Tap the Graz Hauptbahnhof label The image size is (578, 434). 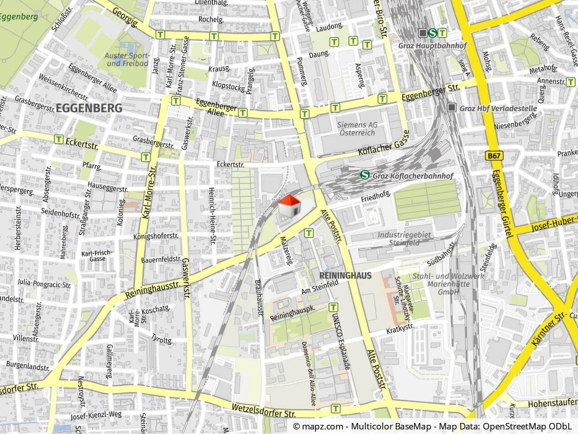click(426, 46)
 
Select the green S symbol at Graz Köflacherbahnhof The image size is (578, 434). click(365, 175)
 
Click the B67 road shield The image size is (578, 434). click(495, 156)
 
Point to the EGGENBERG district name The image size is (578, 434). click(89, 108)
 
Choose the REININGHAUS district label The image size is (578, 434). click(346, 276)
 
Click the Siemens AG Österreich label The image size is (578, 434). click(357, 129)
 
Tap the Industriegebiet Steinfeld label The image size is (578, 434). click(404, 239)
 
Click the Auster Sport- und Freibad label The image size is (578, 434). click(127, 60)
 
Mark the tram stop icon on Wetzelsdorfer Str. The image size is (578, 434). click(336, 408)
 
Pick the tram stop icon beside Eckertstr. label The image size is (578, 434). click(59, 139)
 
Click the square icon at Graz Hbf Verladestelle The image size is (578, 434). click(452, 108)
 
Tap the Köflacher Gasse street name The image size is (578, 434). click(383, 146)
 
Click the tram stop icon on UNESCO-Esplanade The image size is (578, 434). click(334, 307)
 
